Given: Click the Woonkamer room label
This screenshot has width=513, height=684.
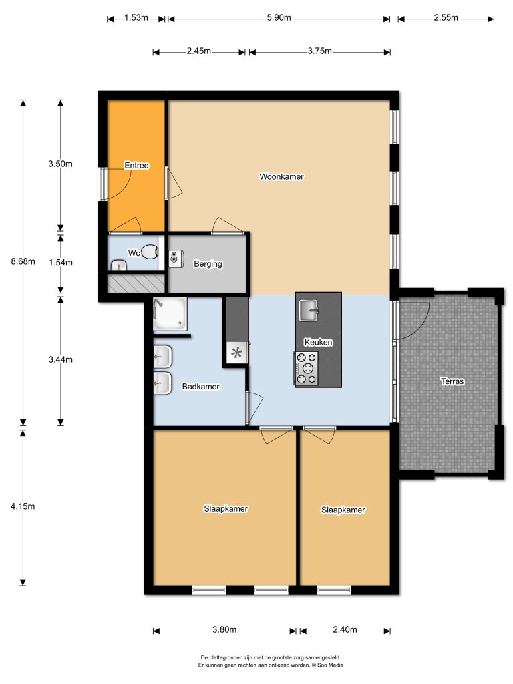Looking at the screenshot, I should click(281, 177).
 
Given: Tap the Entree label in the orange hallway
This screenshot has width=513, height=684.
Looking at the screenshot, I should click(136, 165).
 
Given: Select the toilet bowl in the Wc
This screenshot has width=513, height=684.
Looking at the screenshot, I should click(151, 252).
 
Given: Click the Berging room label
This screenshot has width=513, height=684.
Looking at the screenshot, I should click(208, 264).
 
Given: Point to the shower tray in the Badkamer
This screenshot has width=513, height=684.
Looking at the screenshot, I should click(170, 315).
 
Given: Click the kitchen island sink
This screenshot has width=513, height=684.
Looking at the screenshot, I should click(309, 310).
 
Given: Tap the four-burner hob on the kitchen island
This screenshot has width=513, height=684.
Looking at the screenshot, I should click(306, 369).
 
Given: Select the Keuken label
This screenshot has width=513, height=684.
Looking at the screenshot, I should click(318, 342).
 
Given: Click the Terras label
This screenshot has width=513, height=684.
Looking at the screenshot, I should click(452, 382).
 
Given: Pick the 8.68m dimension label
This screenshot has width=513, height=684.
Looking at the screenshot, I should click(23, 261).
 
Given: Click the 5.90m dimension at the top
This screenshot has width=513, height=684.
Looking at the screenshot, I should click(278, 18).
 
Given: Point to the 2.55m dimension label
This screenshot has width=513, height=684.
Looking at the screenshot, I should click(446, 18).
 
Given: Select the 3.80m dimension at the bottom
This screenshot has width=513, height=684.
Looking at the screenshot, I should click(225, 630).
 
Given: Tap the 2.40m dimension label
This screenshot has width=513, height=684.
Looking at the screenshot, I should click(345, 630).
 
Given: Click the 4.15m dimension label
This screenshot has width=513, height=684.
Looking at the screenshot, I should click(23, 506).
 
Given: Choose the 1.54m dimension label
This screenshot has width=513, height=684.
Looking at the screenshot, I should click(61, 261).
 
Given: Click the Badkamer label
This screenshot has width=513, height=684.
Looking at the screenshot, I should click(201, 387).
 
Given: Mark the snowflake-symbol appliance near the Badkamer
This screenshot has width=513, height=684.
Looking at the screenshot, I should click(236, 354).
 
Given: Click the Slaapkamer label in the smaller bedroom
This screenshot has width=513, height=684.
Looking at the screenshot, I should click(343, 510).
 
